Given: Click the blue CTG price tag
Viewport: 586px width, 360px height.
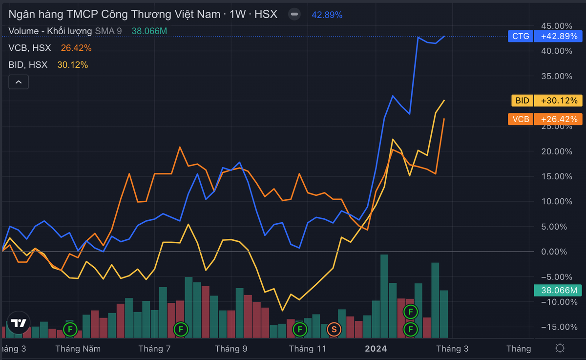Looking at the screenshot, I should (x=521, y=36).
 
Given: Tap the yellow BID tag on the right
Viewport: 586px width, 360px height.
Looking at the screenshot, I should (x=522, y=101).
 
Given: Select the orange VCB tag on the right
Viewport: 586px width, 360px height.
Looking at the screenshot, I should (x=521, y=119).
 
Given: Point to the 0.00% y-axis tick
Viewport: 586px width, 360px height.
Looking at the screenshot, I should (x=555, y=252).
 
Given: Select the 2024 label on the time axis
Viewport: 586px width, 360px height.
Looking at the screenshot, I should (x=376, y=348).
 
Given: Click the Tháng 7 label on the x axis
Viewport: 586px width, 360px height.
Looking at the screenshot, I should (x=154, y=348).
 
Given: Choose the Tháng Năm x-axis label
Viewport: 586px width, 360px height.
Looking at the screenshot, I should (x=78, y=348).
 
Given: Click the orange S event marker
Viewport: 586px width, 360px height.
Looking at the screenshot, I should (x=335, y=329).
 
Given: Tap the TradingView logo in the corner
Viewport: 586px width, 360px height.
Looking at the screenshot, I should (x=19, y=323).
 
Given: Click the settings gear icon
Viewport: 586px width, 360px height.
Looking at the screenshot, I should (x=560, y=348).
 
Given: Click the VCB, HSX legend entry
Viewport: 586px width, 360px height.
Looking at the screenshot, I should (x=28, y=48).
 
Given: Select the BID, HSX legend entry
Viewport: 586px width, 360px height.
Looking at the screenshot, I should (x=28, y=64).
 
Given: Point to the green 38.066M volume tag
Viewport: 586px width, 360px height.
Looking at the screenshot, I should (x=558, y=291).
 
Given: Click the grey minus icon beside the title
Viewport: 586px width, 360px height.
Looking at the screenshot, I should (x=294, y=14).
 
